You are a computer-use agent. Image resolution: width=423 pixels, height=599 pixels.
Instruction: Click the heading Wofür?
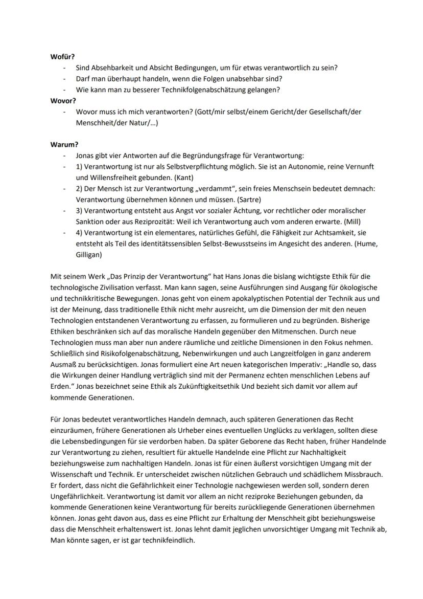point(62,56)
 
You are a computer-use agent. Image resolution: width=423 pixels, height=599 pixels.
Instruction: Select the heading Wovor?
point(62,101)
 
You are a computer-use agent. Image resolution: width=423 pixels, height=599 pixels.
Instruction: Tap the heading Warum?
point(63,145)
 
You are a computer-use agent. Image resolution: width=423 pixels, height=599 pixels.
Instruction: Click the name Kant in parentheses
point(182,178)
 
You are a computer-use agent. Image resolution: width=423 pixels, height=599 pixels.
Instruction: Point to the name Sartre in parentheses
point(248,199)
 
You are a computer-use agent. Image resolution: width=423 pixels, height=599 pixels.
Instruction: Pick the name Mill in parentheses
point(351,221)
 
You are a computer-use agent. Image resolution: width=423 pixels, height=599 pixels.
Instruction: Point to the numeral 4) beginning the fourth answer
point(79,233)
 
